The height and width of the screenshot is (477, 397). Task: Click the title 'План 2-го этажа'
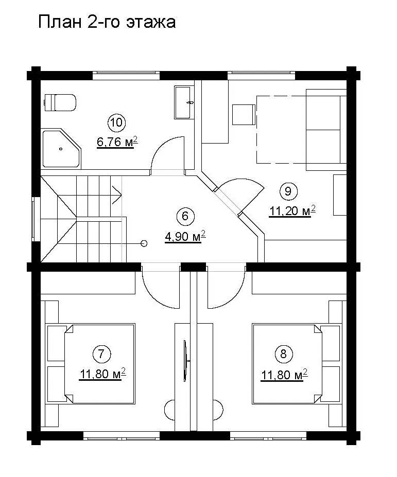(x=107, y=22)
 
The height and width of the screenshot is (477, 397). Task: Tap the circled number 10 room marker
(x=116, y=122)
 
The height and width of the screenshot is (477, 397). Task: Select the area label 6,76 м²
(x=117, y=142)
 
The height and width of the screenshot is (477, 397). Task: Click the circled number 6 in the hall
(x=185, y=216)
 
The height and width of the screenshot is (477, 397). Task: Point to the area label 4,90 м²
(x=185, y=236)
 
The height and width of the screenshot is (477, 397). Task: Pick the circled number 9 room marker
(x=288, y=191)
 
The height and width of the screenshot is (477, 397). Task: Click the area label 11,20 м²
(x=292, y=211)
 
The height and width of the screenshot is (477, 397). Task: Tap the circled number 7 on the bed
(x=101, y=354)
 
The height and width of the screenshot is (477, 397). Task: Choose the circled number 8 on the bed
(x=283, y=354)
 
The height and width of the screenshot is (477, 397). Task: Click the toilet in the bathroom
(x=60, y=102)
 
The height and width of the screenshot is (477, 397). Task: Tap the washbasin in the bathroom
(x=184, y=102)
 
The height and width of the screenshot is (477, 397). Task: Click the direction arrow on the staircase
(x=117, y=195)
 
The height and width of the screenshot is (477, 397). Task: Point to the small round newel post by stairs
(x=144, y=243)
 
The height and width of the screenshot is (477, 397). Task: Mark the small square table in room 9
(x=244, y=115)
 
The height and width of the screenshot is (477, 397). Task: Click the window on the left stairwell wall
(x=36, y=219)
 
